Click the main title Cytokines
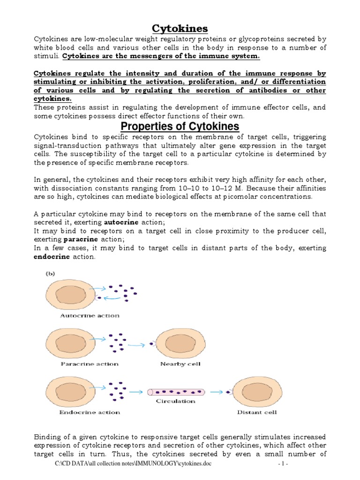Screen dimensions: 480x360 point(180,29)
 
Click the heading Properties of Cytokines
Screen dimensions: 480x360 point(180,127)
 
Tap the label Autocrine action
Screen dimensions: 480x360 point(90,315)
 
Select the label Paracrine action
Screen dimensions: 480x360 point(89,364)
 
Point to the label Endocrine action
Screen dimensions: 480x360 point(90,412)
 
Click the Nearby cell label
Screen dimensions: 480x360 point(180,364)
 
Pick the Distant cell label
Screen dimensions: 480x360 point(257,412)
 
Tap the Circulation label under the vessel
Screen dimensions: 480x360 point(175,401)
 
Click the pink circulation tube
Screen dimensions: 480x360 point(175,391)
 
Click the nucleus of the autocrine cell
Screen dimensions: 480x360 point(70,296)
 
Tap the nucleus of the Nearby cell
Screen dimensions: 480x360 point(180,344)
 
